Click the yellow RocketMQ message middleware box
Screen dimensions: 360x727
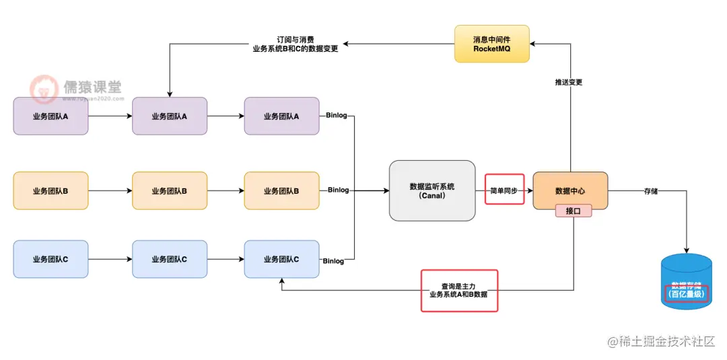point(491,44)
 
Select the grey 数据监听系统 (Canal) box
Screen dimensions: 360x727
point(431,190)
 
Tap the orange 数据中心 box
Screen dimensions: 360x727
point(570,190)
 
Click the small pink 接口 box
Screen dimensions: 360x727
point(573,211)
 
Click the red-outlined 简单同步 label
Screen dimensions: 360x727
point(504,190)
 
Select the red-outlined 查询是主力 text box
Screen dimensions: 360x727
point(459,290)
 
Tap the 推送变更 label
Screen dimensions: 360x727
point(569,82)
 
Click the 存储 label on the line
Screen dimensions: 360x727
point(650,191)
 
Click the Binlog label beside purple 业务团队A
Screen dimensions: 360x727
point(336,115)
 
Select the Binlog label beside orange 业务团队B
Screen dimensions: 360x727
point(338,190)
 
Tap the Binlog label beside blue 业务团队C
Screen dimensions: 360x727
point(333,261)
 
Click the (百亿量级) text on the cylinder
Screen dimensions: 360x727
point(686,294)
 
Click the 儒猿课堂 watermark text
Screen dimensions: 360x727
point(92,87)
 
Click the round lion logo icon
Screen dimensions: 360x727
point(44,89)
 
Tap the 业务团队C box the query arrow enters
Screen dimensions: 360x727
point(281,259)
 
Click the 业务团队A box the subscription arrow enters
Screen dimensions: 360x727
point(169,116)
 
